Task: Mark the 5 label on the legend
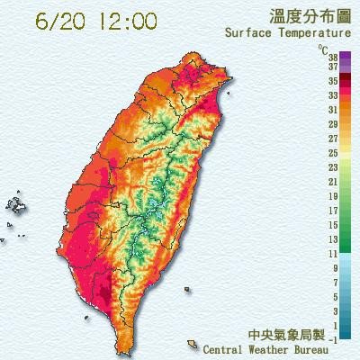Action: tap(334, 296)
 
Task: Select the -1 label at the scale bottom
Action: tap(333, 339)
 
